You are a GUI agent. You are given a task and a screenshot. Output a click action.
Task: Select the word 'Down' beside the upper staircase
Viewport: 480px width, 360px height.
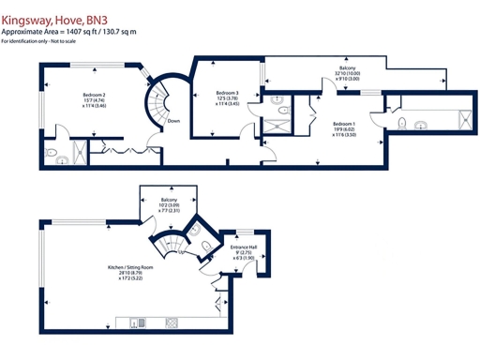(x=172, y=121)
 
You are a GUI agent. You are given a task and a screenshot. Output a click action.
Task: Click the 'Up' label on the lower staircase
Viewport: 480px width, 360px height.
(x=180, y=251)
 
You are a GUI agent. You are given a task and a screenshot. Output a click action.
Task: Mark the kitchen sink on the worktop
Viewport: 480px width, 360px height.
(x=140, y=323)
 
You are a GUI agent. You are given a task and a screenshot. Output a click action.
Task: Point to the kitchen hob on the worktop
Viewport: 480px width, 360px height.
(x=172, y=323)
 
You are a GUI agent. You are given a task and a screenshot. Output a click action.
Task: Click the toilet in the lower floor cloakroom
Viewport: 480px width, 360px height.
(x=205, y=246)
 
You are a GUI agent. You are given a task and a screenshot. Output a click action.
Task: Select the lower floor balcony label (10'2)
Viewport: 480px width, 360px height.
(x=169, y=205)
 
